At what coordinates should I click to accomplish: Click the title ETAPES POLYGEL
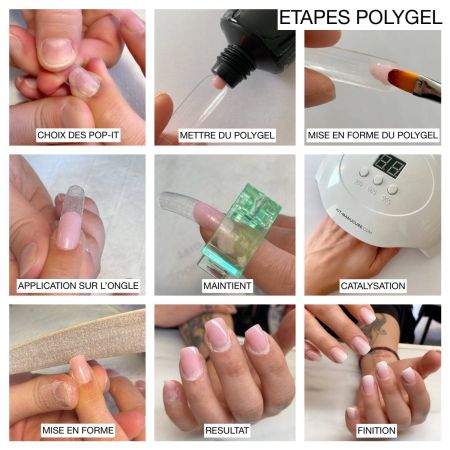(360, 18)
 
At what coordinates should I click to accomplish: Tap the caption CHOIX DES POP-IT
(78, 134)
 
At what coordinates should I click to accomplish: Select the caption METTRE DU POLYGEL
(225, 134)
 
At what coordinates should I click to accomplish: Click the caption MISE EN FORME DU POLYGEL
(373, 134)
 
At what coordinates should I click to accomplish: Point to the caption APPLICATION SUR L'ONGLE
(78, 285)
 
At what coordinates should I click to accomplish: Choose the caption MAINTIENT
(226, 285)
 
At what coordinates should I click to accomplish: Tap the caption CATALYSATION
(373, 285)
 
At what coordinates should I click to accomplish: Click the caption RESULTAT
(226, 430)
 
